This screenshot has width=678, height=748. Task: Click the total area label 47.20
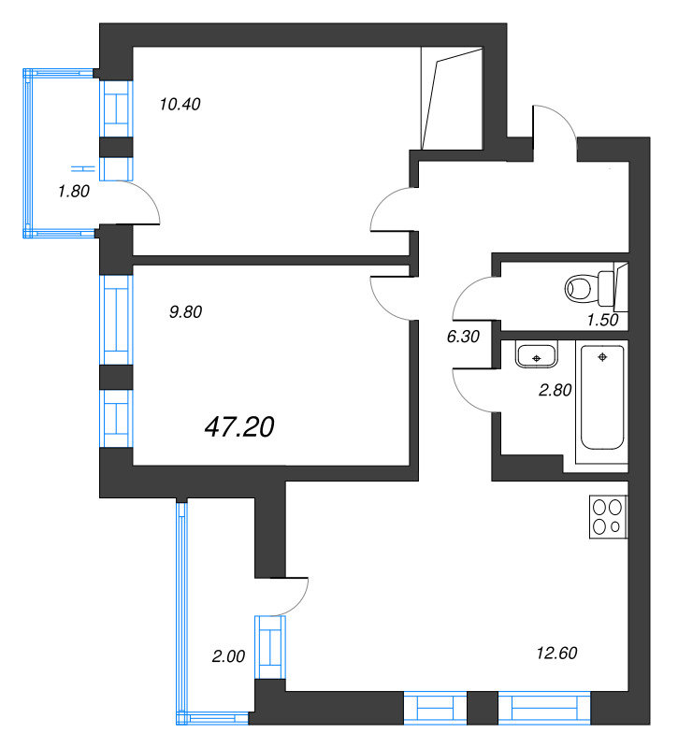pyautogui.click(x=238, y=427)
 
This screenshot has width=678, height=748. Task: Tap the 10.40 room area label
pyautogui.click(x=180, y=104)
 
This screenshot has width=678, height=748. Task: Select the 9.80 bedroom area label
pyautogui.click(x=185, y=313)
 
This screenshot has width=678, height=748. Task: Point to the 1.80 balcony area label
pyautogui.click(x=74, y=192)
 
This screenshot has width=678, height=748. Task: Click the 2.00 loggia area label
pyautogui.click(x=228, y=656)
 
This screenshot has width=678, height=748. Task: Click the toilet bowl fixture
pyautogui.click(x=584, y=288)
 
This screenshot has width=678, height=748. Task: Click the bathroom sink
pyautogui.click(x=536, y=355)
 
